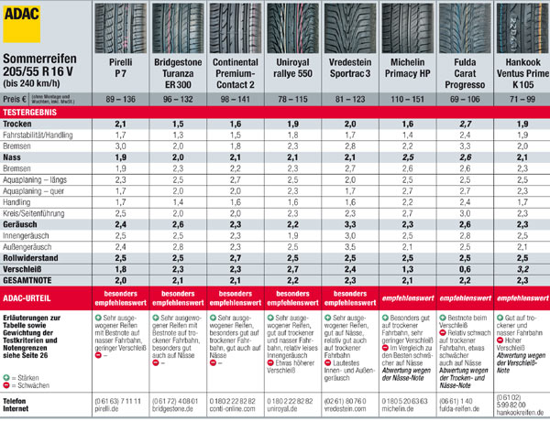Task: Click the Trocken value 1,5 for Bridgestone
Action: pos(178,123)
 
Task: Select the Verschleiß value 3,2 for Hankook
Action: pos(521,269)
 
